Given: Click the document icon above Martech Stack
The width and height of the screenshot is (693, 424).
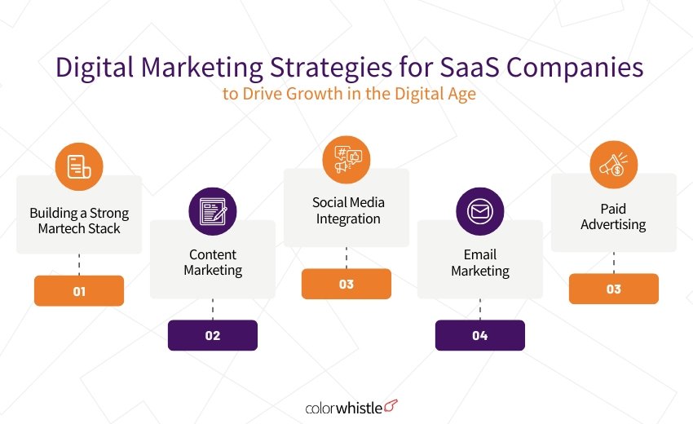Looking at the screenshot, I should pyautogui.click(x=79, y=166).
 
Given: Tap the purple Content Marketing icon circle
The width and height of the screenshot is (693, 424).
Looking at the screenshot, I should pyautogui.click(x=213, y=210).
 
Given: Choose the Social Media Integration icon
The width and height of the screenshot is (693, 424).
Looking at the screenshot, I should pyautogui.click(x=346, y=158).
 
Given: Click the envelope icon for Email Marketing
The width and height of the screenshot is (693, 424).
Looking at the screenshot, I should pyautogui.click(x=480, y=211).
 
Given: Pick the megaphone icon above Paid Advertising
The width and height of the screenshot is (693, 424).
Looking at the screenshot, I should pyautogui.click(x=613, y=165).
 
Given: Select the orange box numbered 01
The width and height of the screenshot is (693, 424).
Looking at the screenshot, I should pyautogui.click(x=79, y=290).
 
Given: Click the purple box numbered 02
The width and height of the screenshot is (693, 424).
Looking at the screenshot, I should pyautogui.click(x=213, y=335).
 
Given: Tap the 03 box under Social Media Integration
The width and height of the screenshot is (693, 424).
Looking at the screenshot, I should pyautogui.click(x=346, y=284).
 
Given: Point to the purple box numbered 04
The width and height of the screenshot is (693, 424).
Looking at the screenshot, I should pyautogui.click(x=480, y=335).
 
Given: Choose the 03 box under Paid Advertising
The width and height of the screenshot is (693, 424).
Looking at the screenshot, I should pyautogui.click(x=613, y=289).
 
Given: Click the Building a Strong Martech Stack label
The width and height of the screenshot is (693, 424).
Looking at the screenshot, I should pyautogui.click(x=79, y=221).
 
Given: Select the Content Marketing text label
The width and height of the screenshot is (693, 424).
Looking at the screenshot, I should pyautogui.click(x=213, y=262).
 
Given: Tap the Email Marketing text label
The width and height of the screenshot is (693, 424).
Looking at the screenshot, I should pyautogui.click(x=480, y=262).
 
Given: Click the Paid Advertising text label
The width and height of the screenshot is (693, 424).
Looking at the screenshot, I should pyautogui.click(x=613, y=216).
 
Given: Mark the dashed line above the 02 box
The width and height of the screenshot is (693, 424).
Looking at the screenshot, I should pyautogui.click(x=213, y=309).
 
